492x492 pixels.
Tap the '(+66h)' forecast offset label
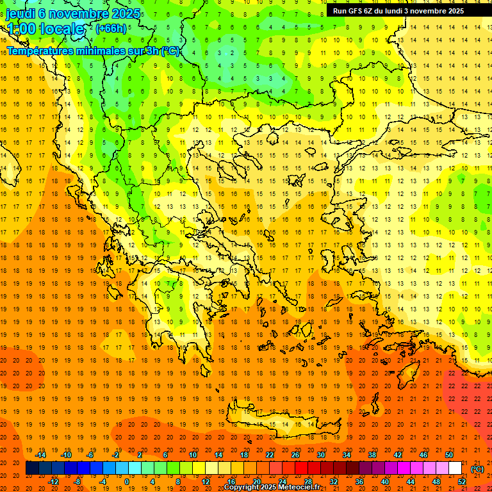tap(110, 28)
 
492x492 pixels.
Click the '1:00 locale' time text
tap(45, 29)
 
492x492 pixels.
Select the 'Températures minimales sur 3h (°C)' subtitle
tap(93, 51)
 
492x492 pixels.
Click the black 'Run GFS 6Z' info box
tap(403, 10)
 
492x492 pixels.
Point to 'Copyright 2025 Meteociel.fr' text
tap(272, 488)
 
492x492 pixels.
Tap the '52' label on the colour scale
tap(462, 482)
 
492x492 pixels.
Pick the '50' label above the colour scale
tap(449, 455)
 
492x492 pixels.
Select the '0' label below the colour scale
tap(126, 482)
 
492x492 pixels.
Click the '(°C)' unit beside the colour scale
tap(477, 469)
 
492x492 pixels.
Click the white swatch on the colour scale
tap(455, 468)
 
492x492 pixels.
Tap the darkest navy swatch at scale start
tap(32, 468)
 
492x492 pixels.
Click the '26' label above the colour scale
tap(295, 455)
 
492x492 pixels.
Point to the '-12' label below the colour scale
tap(53, 482)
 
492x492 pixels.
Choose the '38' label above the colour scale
tap(372, 455)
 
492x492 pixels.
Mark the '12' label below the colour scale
tap(205, 482)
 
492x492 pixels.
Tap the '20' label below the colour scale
tap(257, 482)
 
